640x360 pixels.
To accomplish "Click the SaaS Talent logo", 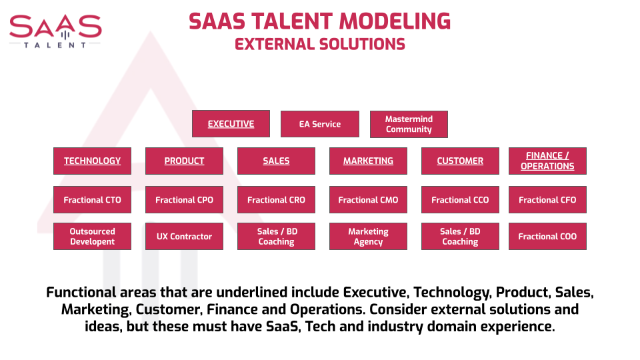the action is (x=55, y=31).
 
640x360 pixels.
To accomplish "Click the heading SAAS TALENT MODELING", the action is (x=319, y=21).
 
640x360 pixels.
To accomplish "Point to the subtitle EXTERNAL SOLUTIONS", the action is (x=319, y=44).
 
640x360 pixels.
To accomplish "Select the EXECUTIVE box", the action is (x=231, y=124).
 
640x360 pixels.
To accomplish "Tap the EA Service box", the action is (x=320, y=124).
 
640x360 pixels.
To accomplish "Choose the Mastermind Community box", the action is (x=409, y=124).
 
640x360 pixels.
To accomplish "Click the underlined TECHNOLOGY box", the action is (x=92, y=161).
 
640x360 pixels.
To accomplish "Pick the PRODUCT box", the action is (x=184, y=161).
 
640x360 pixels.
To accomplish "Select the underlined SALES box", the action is (x=276, y=161).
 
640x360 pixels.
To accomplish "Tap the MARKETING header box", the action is (x=368, y=161).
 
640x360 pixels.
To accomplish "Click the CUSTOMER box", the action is (x=460, y=161).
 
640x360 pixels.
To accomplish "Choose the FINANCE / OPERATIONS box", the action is (x=547, y=161).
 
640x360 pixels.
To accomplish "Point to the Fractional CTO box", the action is (x=92, y=199).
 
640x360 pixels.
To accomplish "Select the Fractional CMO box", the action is (x=368, y=199).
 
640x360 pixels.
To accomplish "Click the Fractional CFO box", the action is (x=547, y=199).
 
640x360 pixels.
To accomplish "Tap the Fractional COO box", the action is (x=547, y=236).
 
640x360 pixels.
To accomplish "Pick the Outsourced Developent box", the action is (x=92, y=236).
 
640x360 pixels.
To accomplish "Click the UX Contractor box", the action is (x=184, y=236).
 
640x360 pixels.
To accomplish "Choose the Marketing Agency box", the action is (x=368, y=236).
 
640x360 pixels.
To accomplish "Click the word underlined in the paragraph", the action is (x=252, y=292).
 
